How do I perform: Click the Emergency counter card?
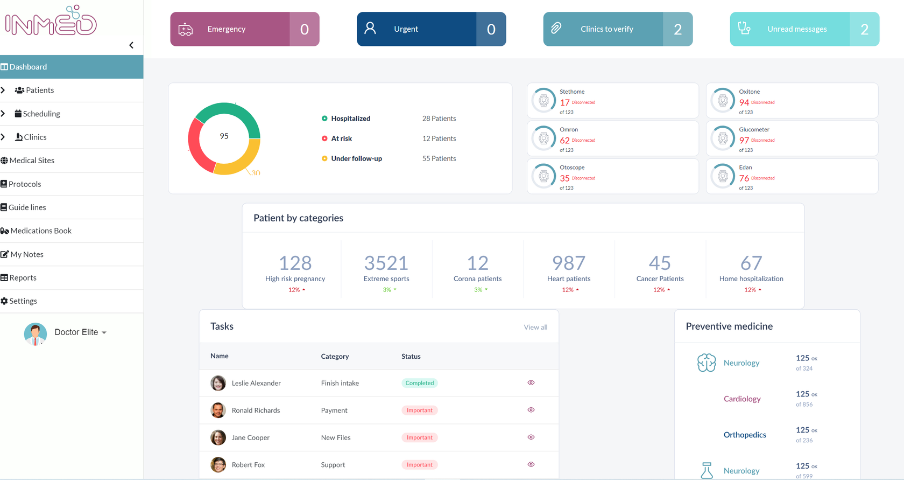point(244,29)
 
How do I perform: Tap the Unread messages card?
point(804,29)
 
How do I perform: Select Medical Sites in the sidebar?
point(32,161)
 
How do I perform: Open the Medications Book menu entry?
point(41,231)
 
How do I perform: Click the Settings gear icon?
point(4,301)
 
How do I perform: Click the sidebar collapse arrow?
point(131,45)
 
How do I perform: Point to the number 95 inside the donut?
point(224,136)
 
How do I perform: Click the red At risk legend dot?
point(324,138)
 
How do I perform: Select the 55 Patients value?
point(439,158)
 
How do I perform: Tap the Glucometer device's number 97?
point(744,140)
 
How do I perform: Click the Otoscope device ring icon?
point(543,176)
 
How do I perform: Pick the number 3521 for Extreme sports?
point(386,263)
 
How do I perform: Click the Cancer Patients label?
point(660,279)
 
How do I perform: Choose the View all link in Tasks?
point(535,327)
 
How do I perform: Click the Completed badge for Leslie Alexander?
point(419,383)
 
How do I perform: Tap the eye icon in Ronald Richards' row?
point(531,410)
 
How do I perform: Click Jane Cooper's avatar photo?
point(218,437)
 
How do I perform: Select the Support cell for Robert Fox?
point(333,465)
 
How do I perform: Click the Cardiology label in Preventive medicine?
point(742,399)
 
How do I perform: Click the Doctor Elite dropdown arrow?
point(104,333)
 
